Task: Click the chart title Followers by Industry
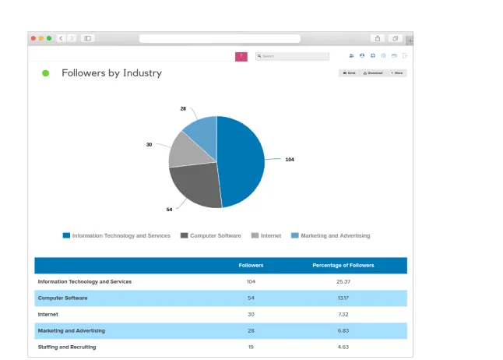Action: click(x=111, y=73)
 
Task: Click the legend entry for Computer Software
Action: click(x=211, y=235)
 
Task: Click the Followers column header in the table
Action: click(x=251, y=265)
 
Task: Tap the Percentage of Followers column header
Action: click(x=343, y=265)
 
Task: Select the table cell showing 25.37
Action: click(x=343, y=281)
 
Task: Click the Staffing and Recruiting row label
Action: click(x=67, y=347)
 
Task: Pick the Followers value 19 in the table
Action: click(x=251, y=347)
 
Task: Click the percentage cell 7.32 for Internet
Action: click(x=343, y=314)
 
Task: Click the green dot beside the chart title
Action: click(x=45, y=73)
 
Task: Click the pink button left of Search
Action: click(x=241, y=56)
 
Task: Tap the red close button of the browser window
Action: click(x=33, y=37)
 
